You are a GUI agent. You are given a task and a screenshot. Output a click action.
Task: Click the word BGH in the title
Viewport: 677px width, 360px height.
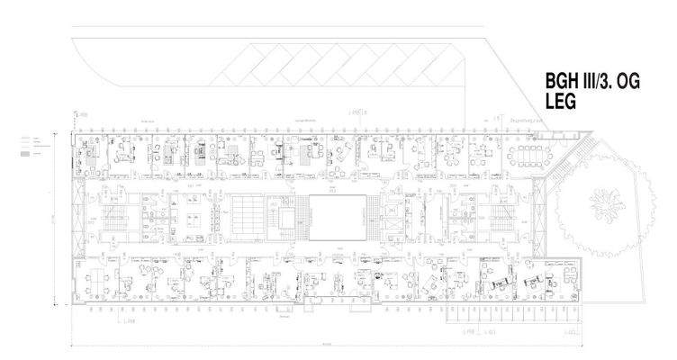pyautogui.click(x=563, y=83)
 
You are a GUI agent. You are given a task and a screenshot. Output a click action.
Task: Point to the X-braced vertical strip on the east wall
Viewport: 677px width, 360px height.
pyautogui.click(x=539, y=216)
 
